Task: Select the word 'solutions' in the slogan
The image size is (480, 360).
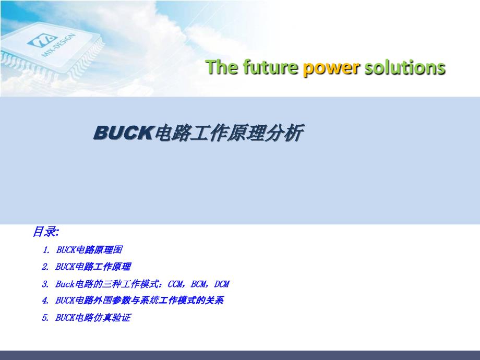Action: pyautogui.click(x=405, y=68)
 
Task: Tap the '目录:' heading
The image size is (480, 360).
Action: pyautogui.click(x=46, y=231)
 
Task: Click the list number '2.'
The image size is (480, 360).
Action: pyautogui.click(x=46, y=267)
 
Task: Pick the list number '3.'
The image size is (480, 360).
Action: pyautogui.click(x=46, y=284)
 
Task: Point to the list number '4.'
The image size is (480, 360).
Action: pyautogui.click(x=46, y=301)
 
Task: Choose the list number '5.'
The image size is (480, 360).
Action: pyautogui.click(x=46, y=318)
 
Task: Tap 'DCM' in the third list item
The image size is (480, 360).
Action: pyautogui.click(x=222, y=284)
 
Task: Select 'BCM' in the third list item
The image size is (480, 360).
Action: pyautogui.click(x=199, y=284)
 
